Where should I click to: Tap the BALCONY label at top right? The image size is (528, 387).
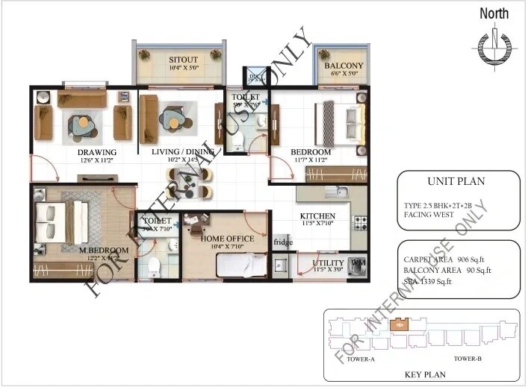[344, 66]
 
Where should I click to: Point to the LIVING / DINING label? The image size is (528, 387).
[183, 151]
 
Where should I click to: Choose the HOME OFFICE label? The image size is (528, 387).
[228, 239]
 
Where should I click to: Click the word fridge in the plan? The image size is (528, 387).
[283, 242]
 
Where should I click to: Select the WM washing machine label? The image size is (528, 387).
[358, 263]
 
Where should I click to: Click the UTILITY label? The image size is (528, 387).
[328, 263]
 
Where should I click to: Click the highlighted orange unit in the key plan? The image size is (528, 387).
[400, 324]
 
